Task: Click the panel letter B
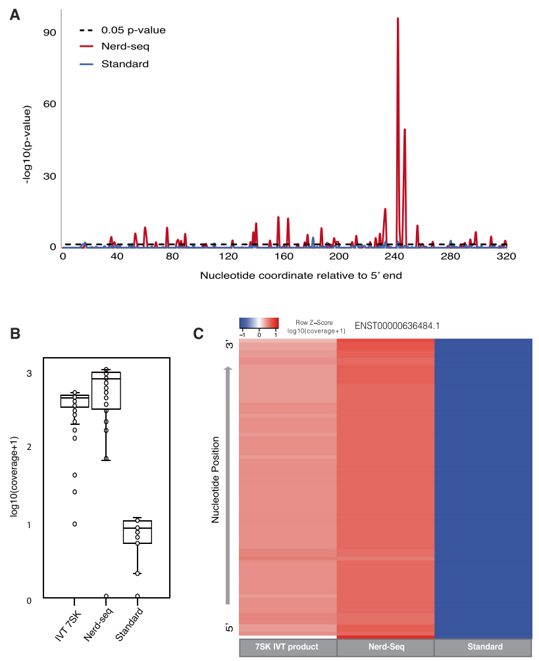click(14, 333)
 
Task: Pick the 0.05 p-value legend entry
click(132, 30)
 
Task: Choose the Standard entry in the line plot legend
click(124, 64)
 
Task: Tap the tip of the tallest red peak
click(398, 18)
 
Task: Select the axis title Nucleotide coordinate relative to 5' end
click(301, 276)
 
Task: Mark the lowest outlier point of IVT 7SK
click(75, 524)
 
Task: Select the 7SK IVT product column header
click(287, 647)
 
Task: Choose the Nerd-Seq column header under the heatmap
click(386, 647)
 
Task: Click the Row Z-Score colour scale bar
click(259, 323)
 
